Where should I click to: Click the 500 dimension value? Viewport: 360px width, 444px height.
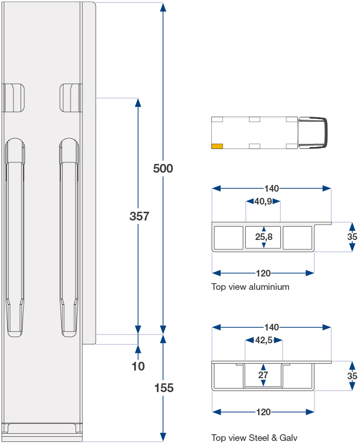pos(163,169)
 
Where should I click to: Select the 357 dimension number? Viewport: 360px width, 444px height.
pos(139,216)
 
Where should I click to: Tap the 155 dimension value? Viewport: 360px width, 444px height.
pos(164,388)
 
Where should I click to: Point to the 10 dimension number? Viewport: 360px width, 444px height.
pos(138,366)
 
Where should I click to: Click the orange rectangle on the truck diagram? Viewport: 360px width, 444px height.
pos(217,146)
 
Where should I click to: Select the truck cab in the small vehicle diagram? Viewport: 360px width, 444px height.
pos(312,133)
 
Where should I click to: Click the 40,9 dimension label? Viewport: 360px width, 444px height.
pos(263,201)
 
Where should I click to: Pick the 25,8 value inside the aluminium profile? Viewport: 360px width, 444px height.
pos(264,237)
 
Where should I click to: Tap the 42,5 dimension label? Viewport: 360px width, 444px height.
pos(264,340)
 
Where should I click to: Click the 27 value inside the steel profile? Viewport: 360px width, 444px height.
pos(263,375)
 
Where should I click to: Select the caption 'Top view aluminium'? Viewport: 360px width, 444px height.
pos(250,287)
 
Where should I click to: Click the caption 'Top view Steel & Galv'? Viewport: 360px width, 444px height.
pos(254,438)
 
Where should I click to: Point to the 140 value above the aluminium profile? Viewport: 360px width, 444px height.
pos(272,188)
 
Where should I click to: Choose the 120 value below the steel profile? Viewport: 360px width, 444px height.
pos(263,412)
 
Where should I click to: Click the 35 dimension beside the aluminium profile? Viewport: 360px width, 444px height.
pos(352,237)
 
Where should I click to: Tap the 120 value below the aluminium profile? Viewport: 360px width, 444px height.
pos(263,273)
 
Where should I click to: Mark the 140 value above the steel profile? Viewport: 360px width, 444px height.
pos(272,327)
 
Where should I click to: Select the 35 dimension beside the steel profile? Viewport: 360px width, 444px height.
pos(352,376)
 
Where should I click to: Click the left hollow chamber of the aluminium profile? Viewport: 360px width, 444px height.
pos(228,237)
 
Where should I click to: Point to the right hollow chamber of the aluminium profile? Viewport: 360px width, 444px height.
pos(297,237)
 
